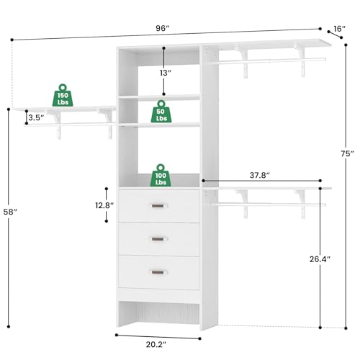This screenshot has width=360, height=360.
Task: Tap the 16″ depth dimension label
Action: tap(339, 30)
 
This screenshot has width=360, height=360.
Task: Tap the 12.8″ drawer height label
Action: tap(104, 205)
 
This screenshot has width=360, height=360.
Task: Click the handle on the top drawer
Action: tap(158, 207)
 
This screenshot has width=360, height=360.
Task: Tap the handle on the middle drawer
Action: tap(158, 239)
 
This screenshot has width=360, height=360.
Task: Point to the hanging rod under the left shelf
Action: tap(68, 124)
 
